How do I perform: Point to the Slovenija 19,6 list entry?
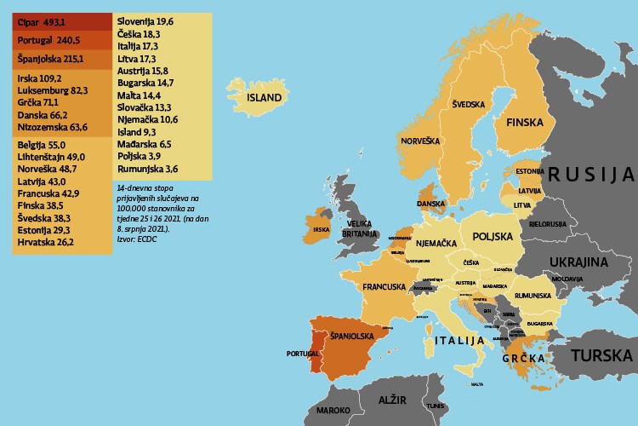pos(145,20)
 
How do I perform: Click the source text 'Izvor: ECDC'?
pos(137,241)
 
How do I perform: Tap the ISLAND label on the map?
pos(264,98)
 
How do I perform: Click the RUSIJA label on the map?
pos(590,176)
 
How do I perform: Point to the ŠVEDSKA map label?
pos(468,105)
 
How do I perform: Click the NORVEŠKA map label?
pos(419,141)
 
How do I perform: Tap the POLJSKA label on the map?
pos(493,236)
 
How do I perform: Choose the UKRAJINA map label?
pos(578,262)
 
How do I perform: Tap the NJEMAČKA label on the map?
pos(438,244)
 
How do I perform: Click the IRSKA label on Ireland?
pos(322,229)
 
